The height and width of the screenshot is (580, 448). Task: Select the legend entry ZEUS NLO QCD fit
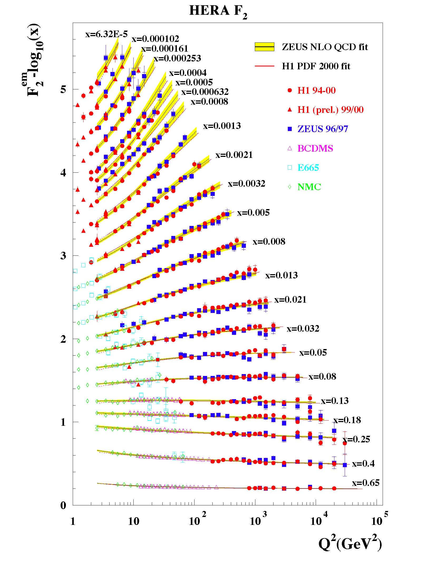(x=325, y=47)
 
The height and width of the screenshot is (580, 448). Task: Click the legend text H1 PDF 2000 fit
(x=316, y=66)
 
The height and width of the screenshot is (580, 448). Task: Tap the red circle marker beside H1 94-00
(x=290, y=90)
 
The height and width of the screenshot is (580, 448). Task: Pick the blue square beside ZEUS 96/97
(x=290, y=129)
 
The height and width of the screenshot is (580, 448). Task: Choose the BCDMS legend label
(x=315, y=148)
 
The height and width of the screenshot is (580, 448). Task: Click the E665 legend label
(x=308, y=168)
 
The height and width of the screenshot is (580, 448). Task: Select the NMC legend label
(x=309, y=187)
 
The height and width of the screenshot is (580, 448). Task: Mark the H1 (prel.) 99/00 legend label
(x=330, y=110)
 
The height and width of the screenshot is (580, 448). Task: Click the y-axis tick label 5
(x=63, y=89)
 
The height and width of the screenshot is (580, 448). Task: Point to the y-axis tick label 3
(x=63, y=256)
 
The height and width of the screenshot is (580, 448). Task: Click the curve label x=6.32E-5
(x=106, y=34)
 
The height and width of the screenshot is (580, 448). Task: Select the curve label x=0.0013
(x=222, y=125)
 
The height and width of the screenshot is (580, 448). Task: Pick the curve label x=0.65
(x=366, y=482)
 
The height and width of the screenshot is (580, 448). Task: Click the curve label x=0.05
(x=313, y=352)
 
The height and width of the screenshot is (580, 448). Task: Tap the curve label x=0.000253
(x=177, y=58)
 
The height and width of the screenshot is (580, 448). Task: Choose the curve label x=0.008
(x=269, y=241)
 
